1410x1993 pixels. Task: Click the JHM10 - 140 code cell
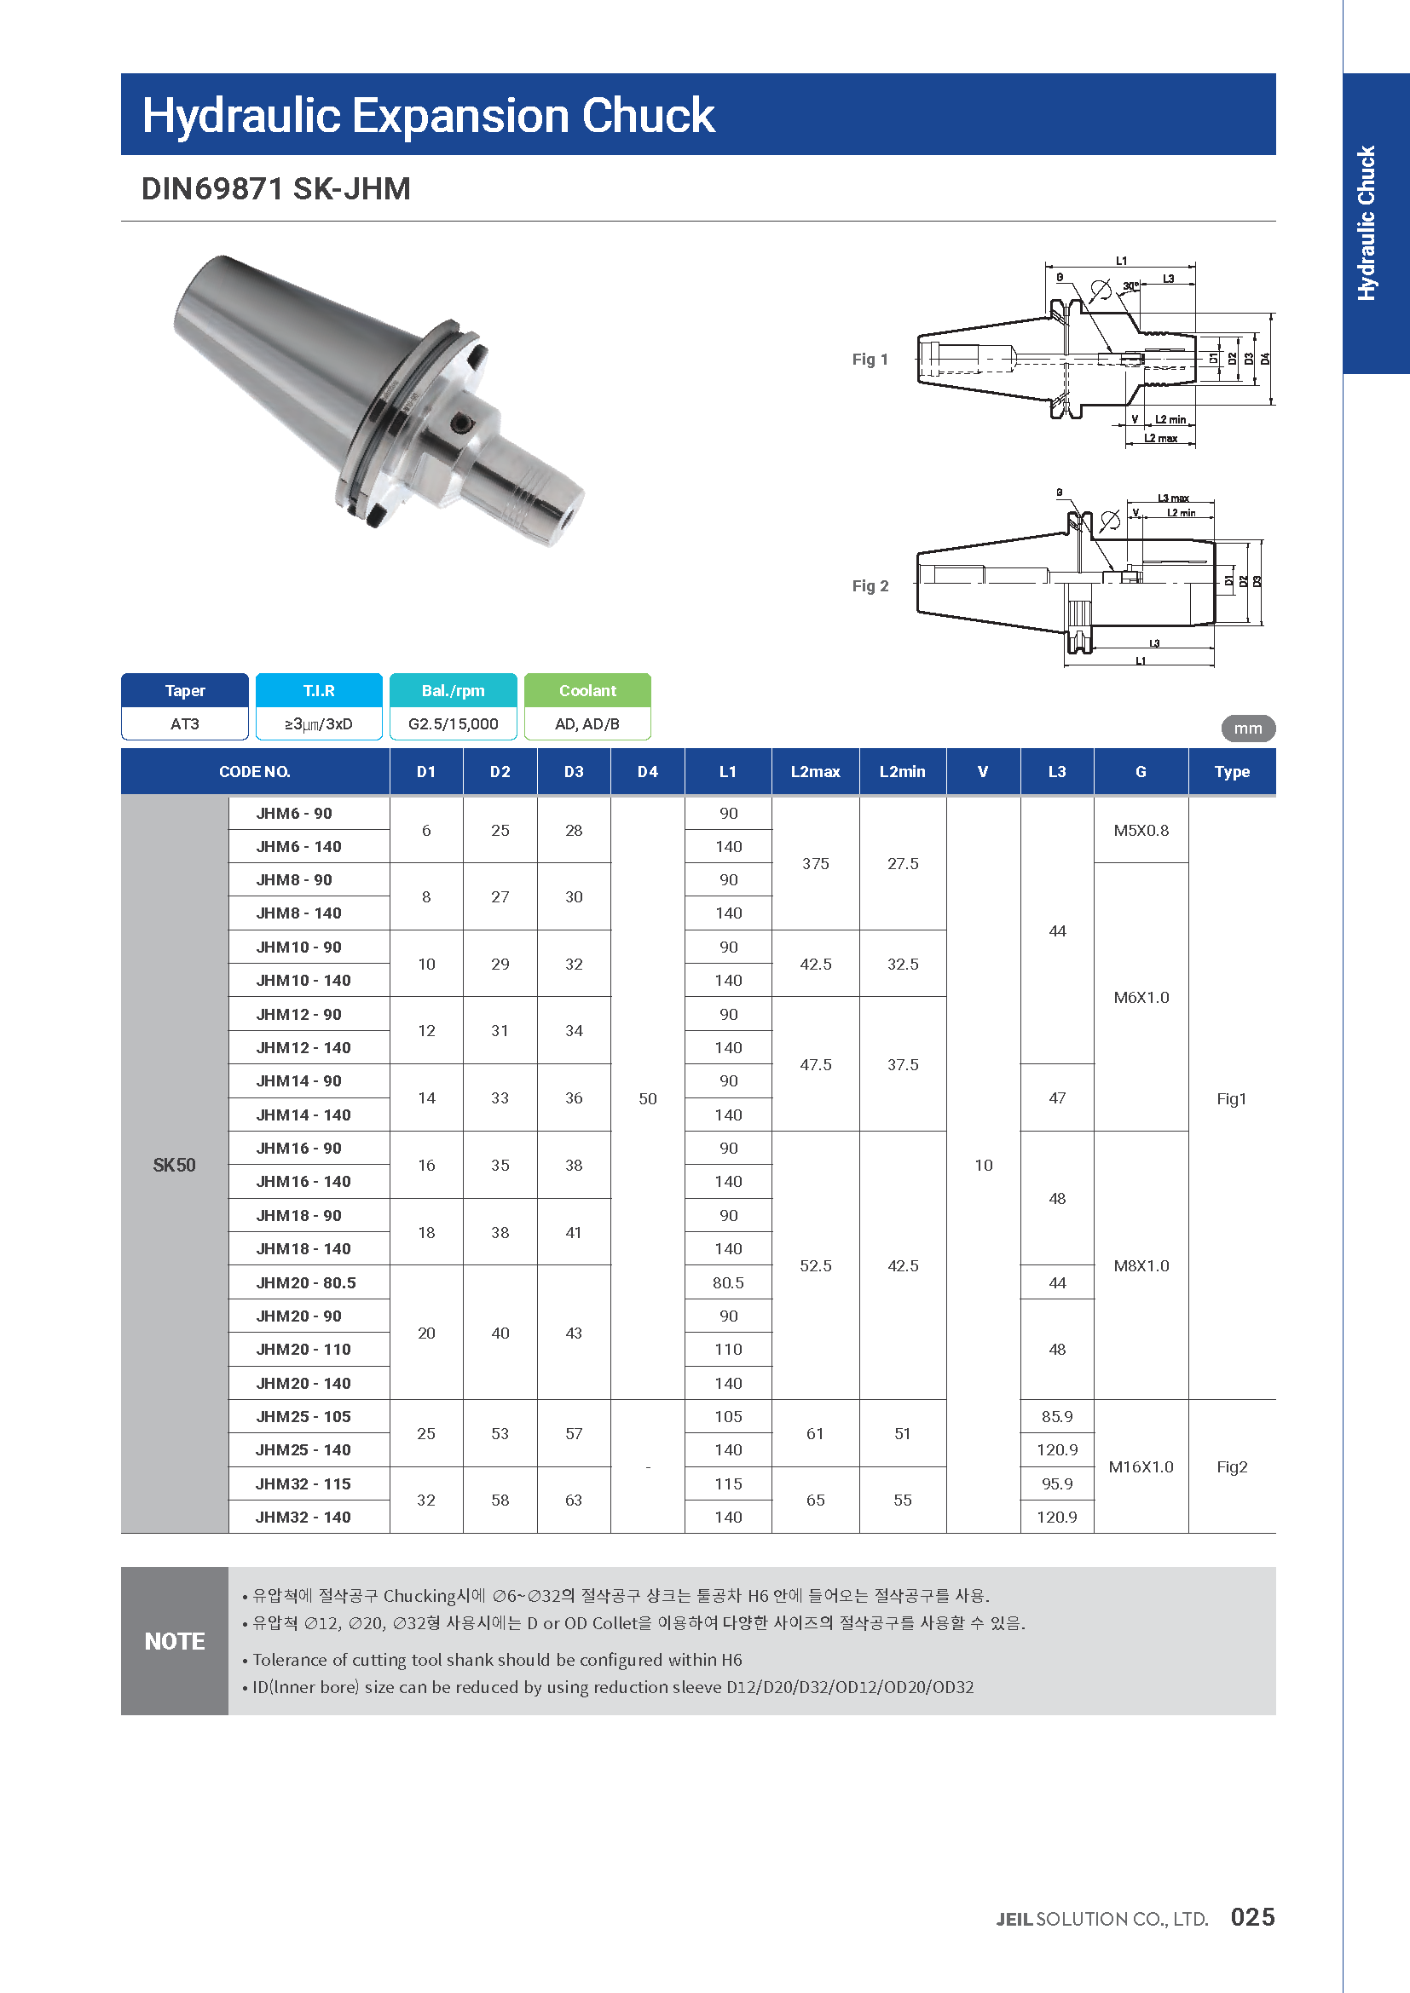(x=303, y=980)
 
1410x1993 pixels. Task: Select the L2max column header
(x=814, y=772)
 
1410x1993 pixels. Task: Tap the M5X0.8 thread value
(x=1140, y=830)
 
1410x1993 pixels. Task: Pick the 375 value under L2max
(x=814, y=864)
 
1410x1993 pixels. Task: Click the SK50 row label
(x=175, y=1165)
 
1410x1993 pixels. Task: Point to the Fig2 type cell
(x=1230, y=1467)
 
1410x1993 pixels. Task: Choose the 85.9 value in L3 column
(x=1055, y=1417)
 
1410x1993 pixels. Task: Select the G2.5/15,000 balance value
(x=454, y=724)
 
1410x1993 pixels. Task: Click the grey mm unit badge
(x=1248, y=729)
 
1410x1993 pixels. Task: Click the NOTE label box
(x=175, y=1640)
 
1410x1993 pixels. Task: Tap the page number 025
(x=1252, y=1917)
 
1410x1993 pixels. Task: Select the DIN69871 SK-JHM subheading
(x=276, y=188)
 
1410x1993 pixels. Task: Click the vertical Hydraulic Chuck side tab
(x=1367, y=224)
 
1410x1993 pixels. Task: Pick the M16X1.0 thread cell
(x=1140, y=1467)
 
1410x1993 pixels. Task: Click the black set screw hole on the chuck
(x=463, y=423)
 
